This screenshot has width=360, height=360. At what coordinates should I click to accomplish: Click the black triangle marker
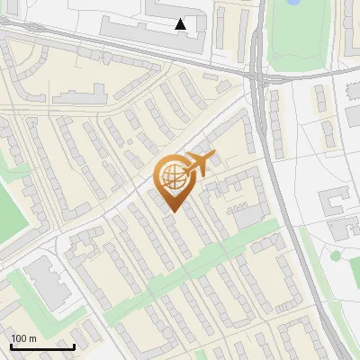point(181,24)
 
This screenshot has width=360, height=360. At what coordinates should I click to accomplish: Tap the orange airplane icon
point(199,165)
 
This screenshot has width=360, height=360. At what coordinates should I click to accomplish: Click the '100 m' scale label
point(23,338)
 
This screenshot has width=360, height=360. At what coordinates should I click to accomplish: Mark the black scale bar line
point(42,346)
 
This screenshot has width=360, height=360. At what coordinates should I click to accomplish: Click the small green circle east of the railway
point(336,256)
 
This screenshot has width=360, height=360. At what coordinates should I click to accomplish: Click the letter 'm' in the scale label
point(31,338)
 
